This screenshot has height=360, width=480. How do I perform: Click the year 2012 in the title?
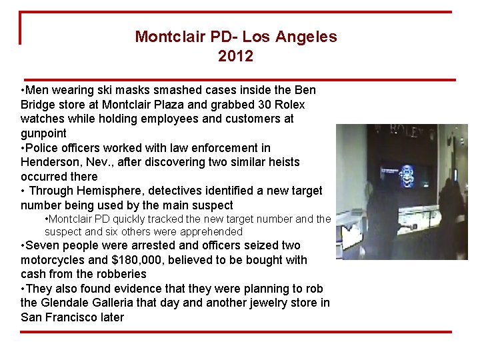pyautogui.click(x=235, y=57)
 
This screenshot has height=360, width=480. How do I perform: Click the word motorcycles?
pyautogui.click(x=51, y=259)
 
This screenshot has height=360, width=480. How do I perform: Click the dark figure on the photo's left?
pyautogui.click(x=381, y=213)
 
